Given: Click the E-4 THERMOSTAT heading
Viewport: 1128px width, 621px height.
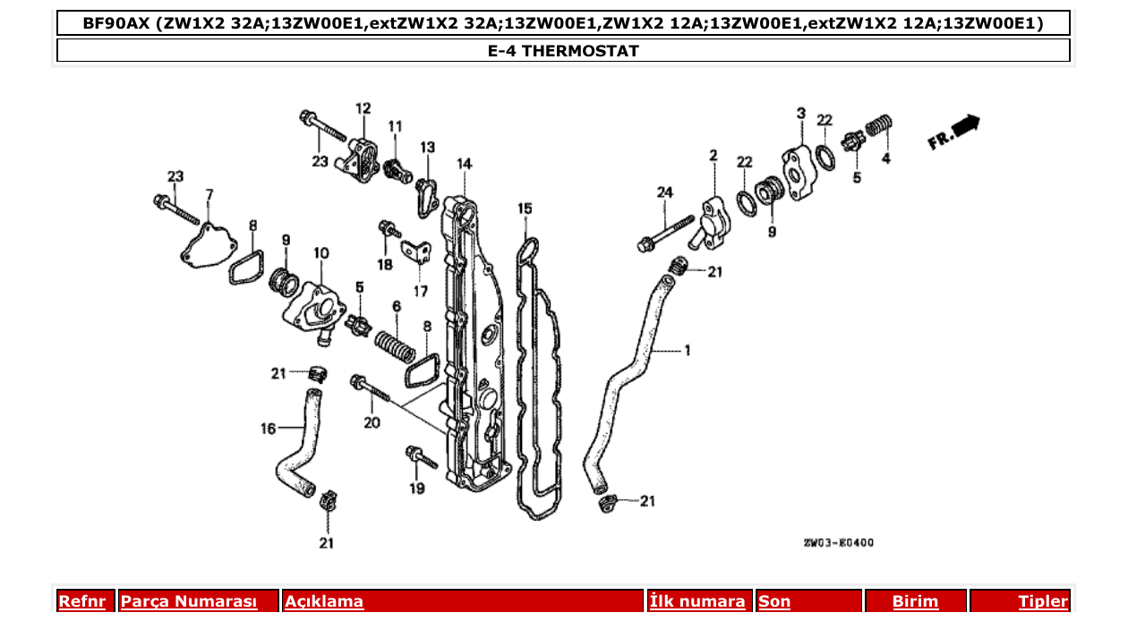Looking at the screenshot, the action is [x=563, y=51].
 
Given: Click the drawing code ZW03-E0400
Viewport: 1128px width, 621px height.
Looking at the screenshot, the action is [x=839, y=542].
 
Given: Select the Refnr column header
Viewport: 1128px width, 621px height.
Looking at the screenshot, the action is [x=82, y=601].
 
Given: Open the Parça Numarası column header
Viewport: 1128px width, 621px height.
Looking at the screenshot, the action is [x=189, y=601].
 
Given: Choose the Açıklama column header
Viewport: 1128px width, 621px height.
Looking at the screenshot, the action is [x=324, y=601].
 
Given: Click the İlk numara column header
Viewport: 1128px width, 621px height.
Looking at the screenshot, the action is [x=696, y=601].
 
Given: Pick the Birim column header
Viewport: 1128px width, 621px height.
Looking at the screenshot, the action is [x=915, y=601].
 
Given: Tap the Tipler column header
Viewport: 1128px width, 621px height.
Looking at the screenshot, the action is [x=1043, y=601].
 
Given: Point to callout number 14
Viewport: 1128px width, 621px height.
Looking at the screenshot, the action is [x=464, y=164].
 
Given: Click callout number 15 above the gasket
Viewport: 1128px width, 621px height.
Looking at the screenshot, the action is [x=525, y=208].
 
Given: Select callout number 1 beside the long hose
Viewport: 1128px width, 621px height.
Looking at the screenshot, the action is [x=687, y=350].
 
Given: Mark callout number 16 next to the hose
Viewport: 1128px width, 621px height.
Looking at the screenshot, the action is [x=268, y=429].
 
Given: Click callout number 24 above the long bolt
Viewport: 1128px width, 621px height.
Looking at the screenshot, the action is [x=664, y=192].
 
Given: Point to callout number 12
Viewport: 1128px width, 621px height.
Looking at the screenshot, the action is [x=363, y=108].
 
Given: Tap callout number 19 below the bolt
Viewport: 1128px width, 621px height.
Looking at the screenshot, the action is [x=417, y=489].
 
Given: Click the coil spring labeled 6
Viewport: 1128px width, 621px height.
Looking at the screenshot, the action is [x=396, y=346].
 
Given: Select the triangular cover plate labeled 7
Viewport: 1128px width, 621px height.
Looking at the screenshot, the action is [x=209, y=245].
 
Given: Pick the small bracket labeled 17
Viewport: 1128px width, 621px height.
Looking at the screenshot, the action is [x=416, y=252].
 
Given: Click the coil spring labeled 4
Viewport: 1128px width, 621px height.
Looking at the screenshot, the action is [x=879, y=125].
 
